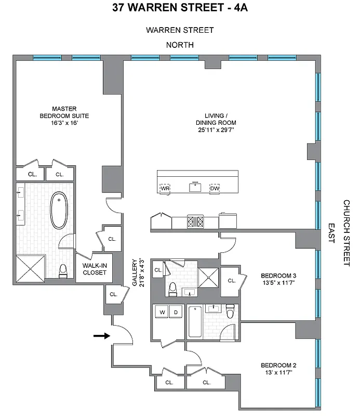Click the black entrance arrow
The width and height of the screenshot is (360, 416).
[x=102, y=336]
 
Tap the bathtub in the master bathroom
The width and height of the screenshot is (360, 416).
[x=58, y=211]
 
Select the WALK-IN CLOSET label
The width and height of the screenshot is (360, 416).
[x=95, y=268]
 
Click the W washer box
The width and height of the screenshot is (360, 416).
[x=162, y=313]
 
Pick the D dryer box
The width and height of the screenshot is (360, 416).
[x=175, y=313]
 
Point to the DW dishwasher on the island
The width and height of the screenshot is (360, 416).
[x=215, y=188]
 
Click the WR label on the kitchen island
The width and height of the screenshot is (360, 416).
[x=165, y=188]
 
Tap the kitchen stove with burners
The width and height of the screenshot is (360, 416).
[x=195, y=222]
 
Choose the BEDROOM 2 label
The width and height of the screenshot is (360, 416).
[x=278, y=369]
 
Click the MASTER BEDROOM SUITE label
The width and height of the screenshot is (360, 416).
[x=58, y=116]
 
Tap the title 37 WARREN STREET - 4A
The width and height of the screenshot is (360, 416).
[x=180, y=8]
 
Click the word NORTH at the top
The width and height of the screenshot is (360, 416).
[x=180, y=45]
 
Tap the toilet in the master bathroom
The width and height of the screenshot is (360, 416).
[x=63, y=271]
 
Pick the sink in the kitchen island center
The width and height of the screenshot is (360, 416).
[x=195, y=187]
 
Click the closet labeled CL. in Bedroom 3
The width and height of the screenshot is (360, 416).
[x=231, y=281]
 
